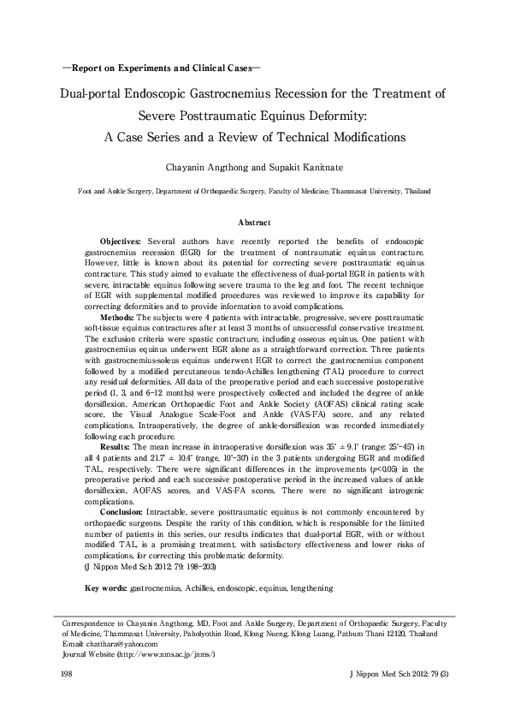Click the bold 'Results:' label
117,446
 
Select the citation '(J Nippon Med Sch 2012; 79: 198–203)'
142,543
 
